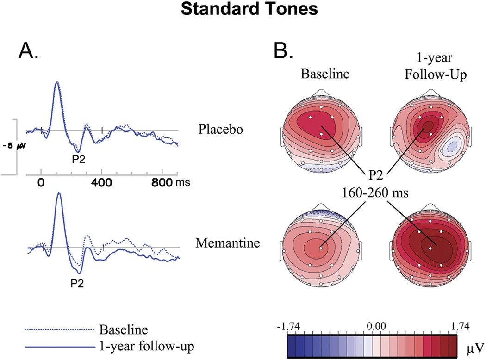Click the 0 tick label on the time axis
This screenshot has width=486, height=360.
click(41, 183)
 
